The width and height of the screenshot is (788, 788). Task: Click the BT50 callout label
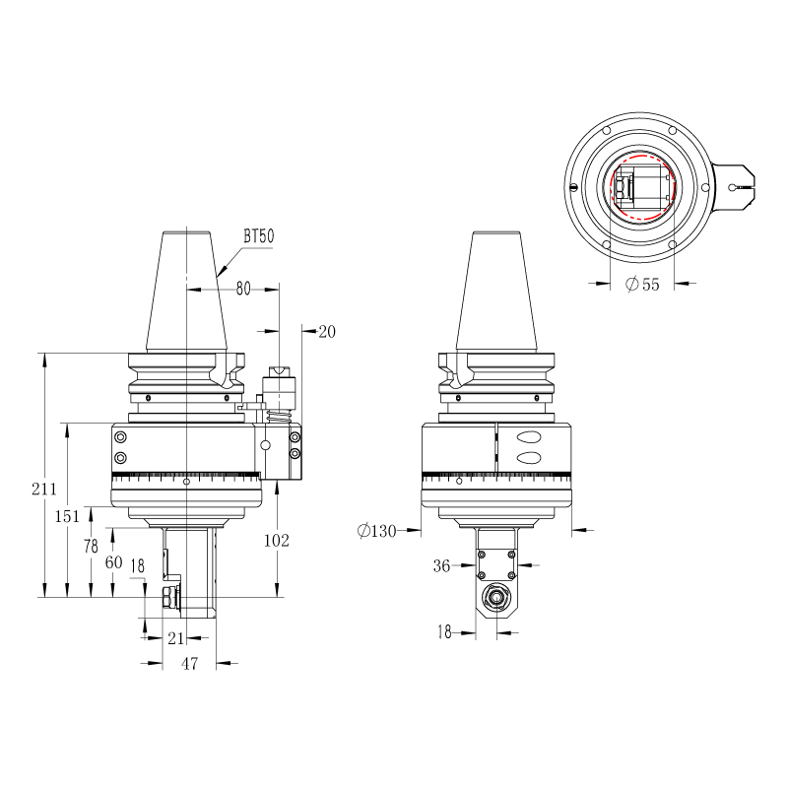tap(259, 235)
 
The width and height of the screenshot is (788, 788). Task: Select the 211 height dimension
tap(43, 489)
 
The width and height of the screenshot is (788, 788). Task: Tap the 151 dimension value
tap(67, 516)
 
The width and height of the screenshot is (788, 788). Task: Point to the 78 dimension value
tap(91, 546)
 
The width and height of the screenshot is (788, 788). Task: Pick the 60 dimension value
tap(113, 561)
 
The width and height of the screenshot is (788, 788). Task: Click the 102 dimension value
tap(277, 540)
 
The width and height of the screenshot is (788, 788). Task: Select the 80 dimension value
tap(243, 289)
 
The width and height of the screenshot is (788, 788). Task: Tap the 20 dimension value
tap(327, 332)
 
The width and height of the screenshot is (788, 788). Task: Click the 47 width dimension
tap(189, 663)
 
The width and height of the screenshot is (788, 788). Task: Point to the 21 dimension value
tap(175, 638)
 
